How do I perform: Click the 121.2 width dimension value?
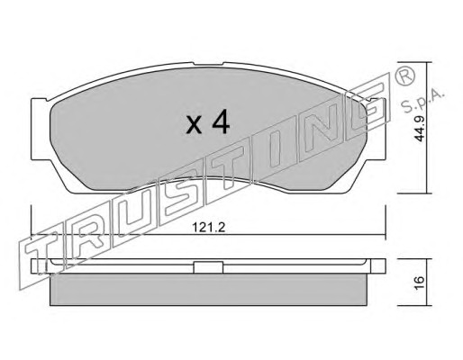coord(208,228)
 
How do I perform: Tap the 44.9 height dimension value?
coord(419,129)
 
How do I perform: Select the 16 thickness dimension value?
coord(420,283)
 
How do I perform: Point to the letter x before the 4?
coord(194,125)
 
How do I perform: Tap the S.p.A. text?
coord(422,101)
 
